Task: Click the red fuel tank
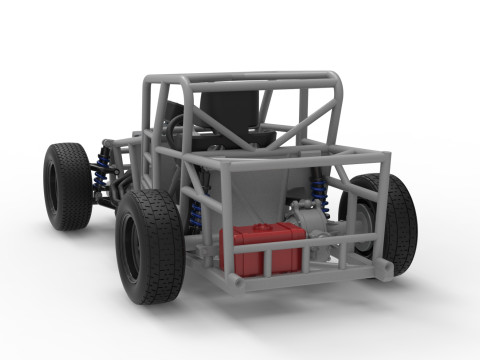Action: click(x=262, y=250)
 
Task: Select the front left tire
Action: click(x=66, y=185)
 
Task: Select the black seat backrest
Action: click(x=228, y=112)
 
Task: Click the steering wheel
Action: click(x=178, y=125)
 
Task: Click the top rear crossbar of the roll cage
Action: click(x=240, y=78)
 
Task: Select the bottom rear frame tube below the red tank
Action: click(x=290, y=280)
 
